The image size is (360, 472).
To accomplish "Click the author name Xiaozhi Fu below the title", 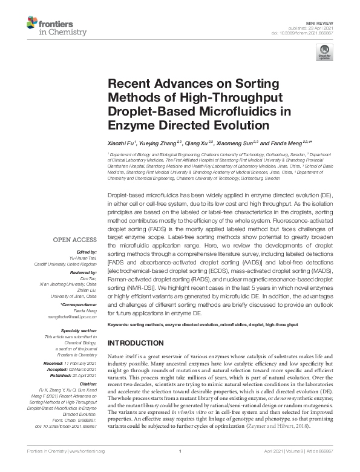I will click(x=120, y=143).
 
